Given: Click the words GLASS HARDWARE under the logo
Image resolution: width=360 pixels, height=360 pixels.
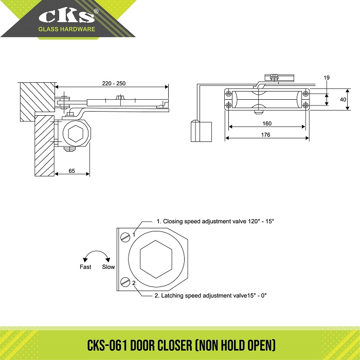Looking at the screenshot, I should point(66,29).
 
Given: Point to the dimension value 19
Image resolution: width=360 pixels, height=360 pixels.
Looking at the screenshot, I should point(327,78).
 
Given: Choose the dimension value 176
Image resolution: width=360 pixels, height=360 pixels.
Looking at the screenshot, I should point(266,135).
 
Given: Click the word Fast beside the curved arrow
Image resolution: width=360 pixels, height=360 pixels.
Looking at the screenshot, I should point(85,267).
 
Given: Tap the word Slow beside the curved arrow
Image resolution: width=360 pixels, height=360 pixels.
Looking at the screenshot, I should point(109,267).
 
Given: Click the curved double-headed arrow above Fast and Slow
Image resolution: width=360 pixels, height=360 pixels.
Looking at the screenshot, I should point(97,256).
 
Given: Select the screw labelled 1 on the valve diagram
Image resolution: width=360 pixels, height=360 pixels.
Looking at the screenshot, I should point(124,237).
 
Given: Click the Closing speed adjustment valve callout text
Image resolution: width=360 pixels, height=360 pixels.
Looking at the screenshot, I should point(215,221).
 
